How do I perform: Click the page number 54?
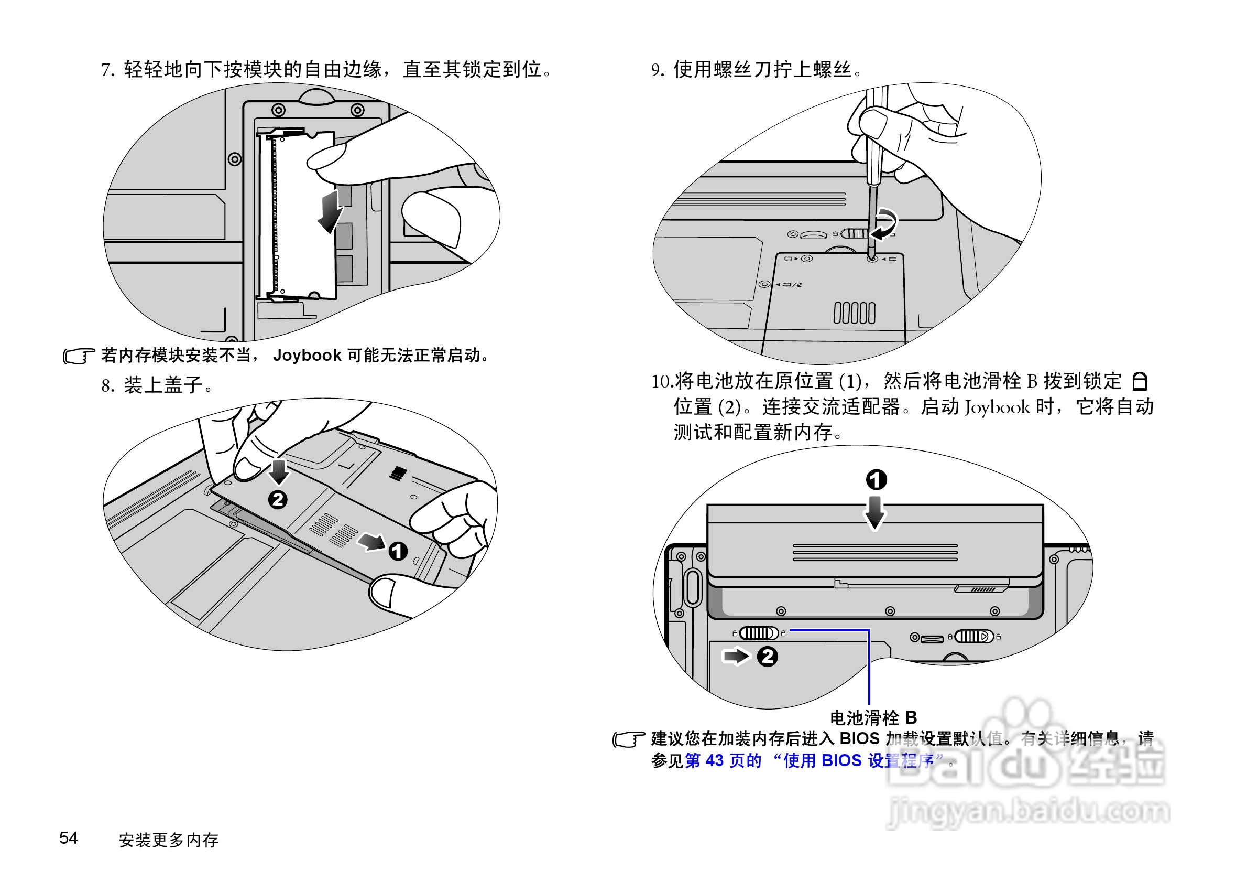pos(69,837)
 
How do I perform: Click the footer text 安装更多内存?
pos(168,840)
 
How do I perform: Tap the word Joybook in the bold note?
pos(307,356)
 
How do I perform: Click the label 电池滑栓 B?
pos(873,717)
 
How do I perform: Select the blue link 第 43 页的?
pos(723,760)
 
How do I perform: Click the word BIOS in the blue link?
pos(841,760)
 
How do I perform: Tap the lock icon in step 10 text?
pos(1140,381)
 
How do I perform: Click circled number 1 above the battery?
pos(876,480)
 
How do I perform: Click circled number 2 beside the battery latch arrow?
pos(768,657)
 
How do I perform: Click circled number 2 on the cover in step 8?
pos(278,499)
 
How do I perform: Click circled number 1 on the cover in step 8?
pos(398,551)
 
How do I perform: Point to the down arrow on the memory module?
pos(330,212)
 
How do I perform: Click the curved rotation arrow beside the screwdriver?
pos(885,224)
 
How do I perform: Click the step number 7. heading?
pos(107,70)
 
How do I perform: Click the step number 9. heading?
pos(658,70)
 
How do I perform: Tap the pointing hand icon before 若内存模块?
pos(79,356)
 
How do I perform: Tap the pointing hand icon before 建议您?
pos(629,739)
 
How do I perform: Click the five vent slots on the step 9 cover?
pos(855,313)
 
